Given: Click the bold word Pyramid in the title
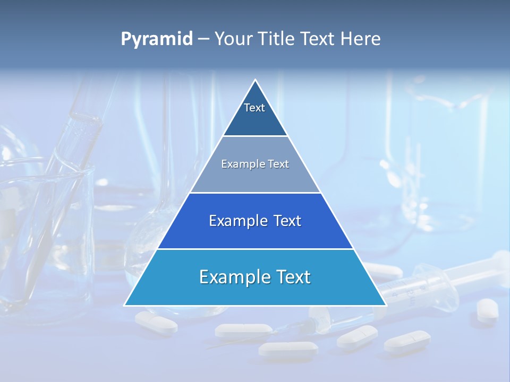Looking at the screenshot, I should (156, 39).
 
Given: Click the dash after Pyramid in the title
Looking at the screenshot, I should (203, 40).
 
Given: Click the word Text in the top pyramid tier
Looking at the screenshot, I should (254, 108).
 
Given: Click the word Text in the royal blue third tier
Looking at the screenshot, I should (287, 221).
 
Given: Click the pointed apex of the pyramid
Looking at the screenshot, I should (255, 81).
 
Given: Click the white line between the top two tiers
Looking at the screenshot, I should (255, 136).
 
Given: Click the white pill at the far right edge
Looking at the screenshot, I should (487, 309).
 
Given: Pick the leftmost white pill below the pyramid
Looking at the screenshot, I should (156, 323).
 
